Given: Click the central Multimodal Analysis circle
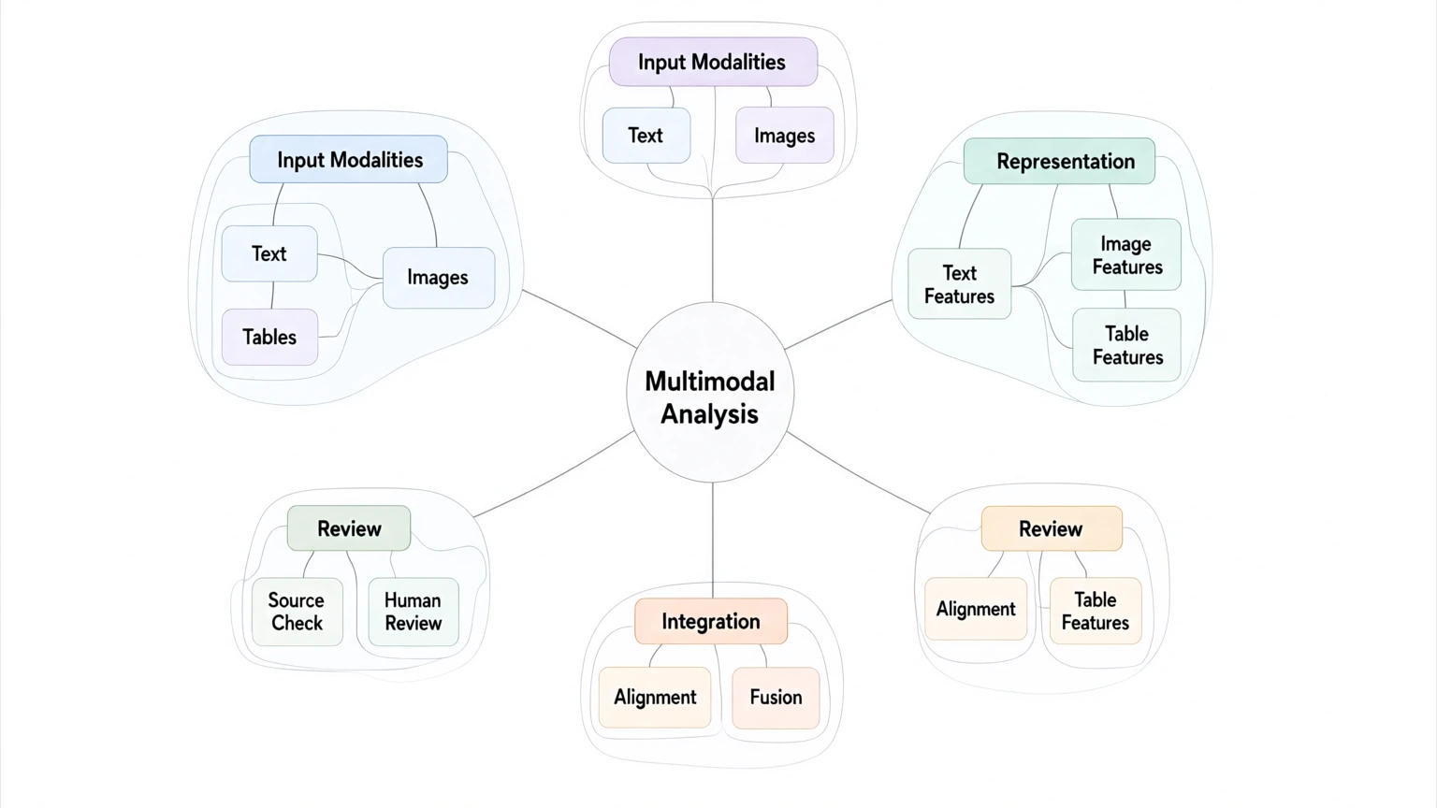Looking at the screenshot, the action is (x=710, y=392).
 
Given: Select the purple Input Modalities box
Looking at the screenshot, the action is (x=714, y=62).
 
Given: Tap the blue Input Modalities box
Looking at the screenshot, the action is (x=348, y=159).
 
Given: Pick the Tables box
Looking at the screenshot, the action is (x=269, y=337).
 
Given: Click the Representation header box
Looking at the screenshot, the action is (x=1059, y=161).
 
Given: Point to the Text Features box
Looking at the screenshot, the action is (x=960, y=284).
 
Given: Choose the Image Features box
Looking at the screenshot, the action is (x=1126, y=254).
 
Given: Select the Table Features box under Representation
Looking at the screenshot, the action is (x=1127, y=345).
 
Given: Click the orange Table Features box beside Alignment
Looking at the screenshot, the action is (x=1096, y=611).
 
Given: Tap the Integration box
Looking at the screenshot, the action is (x=711, y=621).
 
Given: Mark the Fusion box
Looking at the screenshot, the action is (x=776, y=698).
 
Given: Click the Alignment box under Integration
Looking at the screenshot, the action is (x=655, y=698).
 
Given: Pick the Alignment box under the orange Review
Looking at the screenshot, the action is (x=976, y=609).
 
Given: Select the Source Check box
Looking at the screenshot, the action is (x=297, y=612).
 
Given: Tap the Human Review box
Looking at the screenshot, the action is (x=414, y=612).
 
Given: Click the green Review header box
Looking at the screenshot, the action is (x=349, y=527).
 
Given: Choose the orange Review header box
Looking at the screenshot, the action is (x=1052, y=528).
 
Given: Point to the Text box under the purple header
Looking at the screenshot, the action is (x=646, y=136).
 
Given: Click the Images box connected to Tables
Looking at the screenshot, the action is (x=439, y=278).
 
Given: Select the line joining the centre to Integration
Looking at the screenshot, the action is (x=713, y=541).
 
